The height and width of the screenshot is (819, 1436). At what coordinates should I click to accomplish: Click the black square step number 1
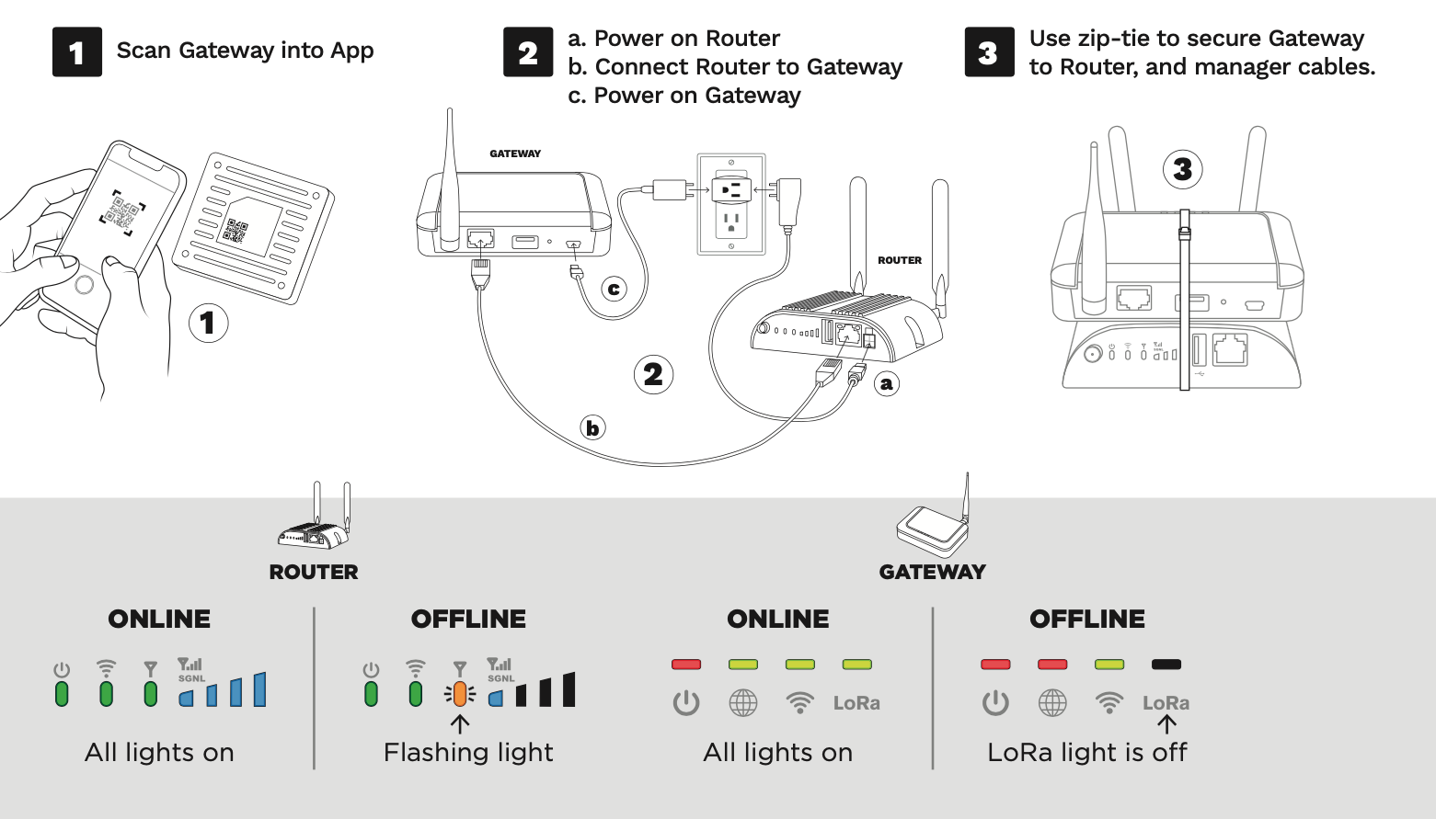pyautogui.click(x=76, y=51)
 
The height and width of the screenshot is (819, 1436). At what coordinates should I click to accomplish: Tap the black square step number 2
pyautogui.click(x=527, y=51)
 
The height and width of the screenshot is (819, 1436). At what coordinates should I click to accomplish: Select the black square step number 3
pyautogui.click(x=988, y=51)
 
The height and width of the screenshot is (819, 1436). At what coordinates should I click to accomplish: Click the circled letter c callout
pyautogui.click(x=614, y=289)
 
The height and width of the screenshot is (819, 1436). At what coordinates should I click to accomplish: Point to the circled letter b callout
pyautogui.click(x=592, y=427)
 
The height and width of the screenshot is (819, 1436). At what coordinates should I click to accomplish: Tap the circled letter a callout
pyautogui.click(x=886, y=383)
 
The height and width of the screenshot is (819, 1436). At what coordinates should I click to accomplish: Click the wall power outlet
pyautogui.click(x=731, y=204)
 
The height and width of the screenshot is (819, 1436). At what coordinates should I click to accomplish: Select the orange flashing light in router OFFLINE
pyautogui.click(x=459, y=694)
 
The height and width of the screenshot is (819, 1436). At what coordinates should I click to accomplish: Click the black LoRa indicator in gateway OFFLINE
pyautogui.click(x=1166, y=664)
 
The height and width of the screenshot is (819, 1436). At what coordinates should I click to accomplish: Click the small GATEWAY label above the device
pyautogui.click(x=515, y=154)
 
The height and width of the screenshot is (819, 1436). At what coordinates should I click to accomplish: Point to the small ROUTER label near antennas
pyautogui.click(x=899, y=260)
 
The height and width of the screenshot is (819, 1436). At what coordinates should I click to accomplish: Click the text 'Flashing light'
pyautogui.click(x=468, y=752)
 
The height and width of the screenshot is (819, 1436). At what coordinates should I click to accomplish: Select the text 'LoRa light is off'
pyautogui.click(x=1086, y=752)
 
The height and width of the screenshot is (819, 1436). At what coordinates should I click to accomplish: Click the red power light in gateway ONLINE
pyautogui.click(x=686, y=664)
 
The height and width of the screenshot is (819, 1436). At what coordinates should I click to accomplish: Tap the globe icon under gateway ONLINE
pyautogui.click(x=742, y=703)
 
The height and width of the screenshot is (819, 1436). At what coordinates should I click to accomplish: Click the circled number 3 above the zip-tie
pyautogui.click(x=1182, y=169)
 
